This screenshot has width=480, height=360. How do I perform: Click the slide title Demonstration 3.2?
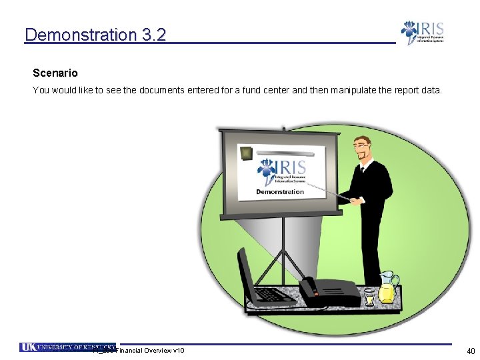(95, 35)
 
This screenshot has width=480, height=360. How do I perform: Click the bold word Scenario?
(55, 73)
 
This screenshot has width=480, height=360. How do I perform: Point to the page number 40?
(471, 351)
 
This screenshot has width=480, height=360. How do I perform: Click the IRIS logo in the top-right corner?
(421, 33)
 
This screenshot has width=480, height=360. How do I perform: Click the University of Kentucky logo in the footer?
(67, 347)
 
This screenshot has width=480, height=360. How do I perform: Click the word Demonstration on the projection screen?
(280, 192)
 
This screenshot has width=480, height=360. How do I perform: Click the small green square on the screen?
(247, 153)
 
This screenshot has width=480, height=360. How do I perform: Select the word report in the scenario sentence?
(407, 90)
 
